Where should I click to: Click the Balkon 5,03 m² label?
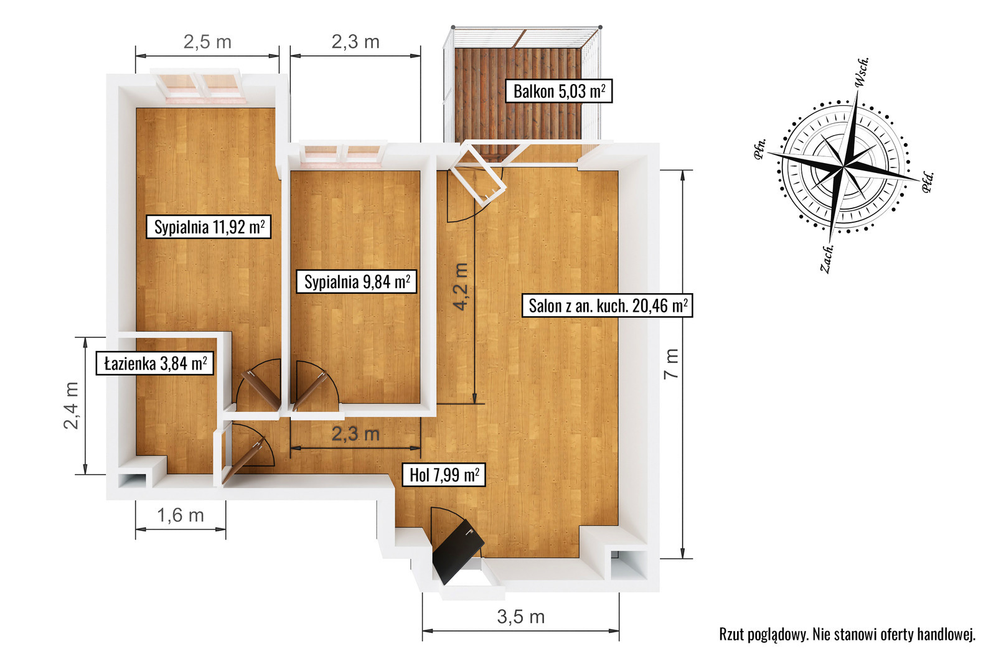click(559, 91)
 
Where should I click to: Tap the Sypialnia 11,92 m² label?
click(209, 227)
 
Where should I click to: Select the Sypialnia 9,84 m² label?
click(357, 281)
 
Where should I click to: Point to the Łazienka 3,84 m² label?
click(155, 363)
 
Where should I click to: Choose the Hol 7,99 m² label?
click(444, 475)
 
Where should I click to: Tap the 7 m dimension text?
click(672, 363)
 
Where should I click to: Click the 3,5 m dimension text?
click(520, 617)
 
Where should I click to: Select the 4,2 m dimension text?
click(460, 286)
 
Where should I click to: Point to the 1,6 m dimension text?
click(181, 515)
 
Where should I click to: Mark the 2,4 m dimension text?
click(71, 405)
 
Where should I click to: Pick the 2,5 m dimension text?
click(207, 42)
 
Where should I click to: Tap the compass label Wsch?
click(862, 72)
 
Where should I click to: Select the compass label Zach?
click(826, 259)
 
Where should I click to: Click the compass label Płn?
click(760, 149)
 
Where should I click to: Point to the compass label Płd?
click(928, 182)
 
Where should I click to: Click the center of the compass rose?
click(843, 167)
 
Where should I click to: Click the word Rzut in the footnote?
click(731, 634)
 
